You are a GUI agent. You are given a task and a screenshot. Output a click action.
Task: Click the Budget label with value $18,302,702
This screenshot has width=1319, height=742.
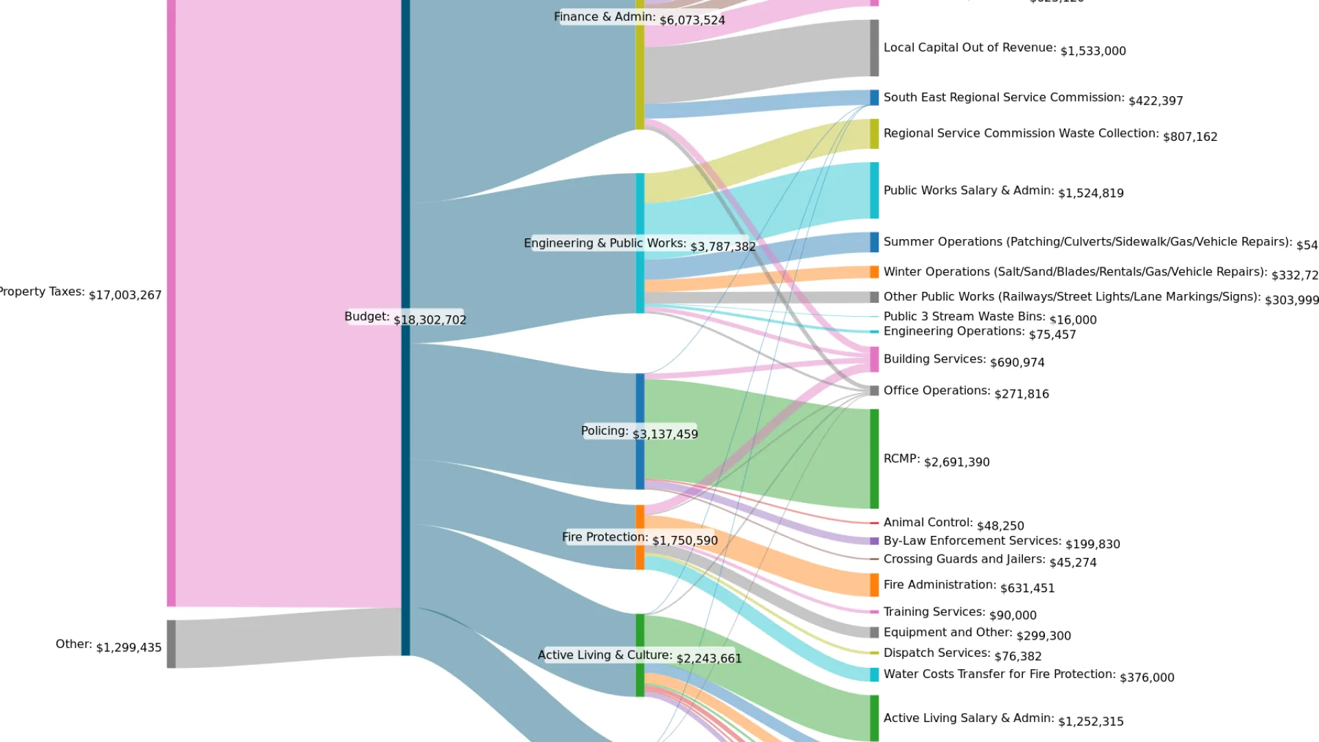pos(405,317)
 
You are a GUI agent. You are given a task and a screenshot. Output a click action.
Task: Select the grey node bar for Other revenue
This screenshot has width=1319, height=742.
pos(171,644)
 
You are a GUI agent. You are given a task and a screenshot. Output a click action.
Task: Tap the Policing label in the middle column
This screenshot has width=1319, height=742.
pos(639,432)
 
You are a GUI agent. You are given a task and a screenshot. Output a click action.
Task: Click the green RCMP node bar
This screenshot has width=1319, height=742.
pos(874,458)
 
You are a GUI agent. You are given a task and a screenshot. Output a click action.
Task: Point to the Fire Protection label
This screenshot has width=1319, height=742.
pos(639,538)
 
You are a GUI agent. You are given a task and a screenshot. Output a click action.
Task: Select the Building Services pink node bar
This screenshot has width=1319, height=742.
pos(874,359)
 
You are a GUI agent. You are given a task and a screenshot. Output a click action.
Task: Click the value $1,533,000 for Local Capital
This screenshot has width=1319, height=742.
pos(1092,52)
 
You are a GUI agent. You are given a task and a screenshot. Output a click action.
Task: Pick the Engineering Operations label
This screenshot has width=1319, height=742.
pos(955,333)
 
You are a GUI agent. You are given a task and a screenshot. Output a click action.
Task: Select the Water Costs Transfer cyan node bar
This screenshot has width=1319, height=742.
pos(874,675)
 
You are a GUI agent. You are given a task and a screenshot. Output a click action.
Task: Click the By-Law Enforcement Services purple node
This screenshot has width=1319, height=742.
pos(874,541)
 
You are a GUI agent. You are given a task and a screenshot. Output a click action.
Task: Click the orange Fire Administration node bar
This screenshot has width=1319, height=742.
pos(874,585)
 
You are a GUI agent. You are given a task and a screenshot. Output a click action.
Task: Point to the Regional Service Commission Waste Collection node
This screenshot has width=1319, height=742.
pos(874,134)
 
